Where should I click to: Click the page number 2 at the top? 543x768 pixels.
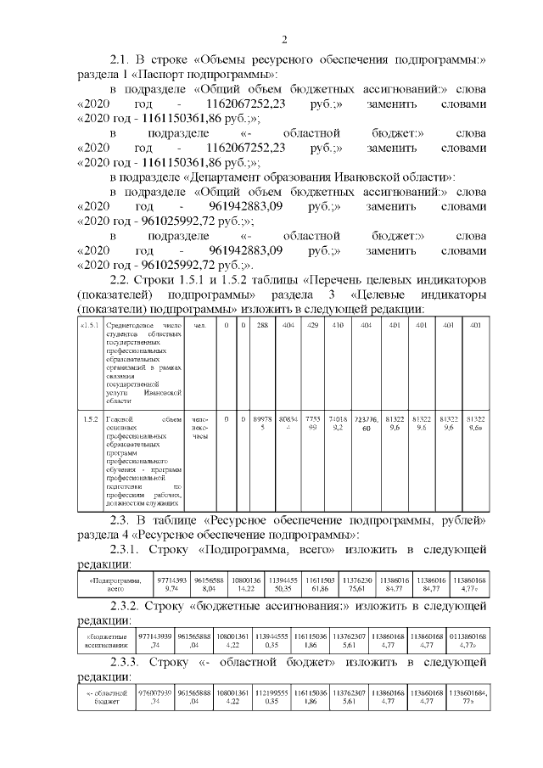point(285,39)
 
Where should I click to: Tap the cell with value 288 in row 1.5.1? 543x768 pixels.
point(263,326)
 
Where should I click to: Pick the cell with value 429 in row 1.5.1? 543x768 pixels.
point(314,326)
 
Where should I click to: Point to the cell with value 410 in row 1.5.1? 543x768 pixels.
point(339,326)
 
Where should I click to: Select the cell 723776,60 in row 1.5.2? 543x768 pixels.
point(366,424)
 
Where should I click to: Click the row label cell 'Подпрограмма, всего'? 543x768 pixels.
point(114,585)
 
